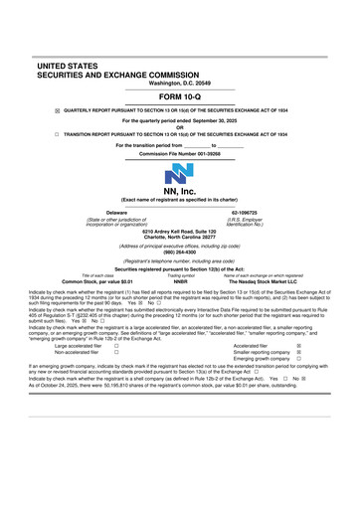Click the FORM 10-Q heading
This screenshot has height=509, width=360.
coord(180,97)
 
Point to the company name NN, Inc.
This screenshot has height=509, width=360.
coord(180,207)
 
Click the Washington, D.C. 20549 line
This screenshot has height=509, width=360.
coord(180,83)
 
